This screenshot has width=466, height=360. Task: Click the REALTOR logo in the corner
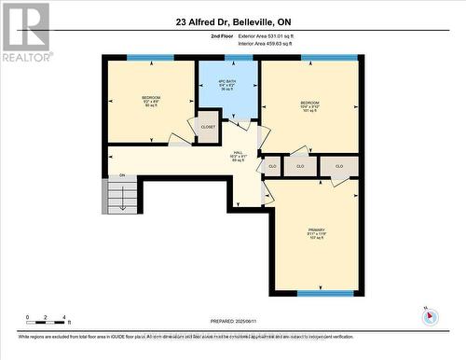click(25, 32)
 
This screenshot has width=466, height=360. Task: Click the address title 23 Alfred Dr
click(232, 21)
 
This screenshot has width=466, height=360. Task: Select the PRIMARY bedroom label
click(316, 232)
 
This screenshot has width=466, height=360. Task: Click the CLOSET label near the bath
click(207, 126)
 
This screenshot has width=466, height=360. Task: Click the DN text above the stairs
click(121, 175)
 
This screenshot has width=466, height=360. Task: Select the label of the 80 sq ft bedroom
click(151, 101)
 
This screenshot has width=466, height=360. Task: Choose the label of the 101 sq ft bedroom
click(309, 105)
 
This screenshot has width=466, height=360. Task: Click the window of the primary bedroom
click(325, 293)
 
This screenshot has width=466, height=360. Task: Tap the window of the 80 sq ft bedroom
click(150, 59)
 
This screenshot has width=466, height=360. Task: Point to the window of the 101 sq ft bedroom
click(329, 59)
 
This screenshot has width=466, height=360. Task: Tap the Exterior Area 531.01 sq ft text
click(271, 35)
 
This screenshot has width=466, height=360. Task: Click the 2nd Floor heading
click(222, 35)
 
